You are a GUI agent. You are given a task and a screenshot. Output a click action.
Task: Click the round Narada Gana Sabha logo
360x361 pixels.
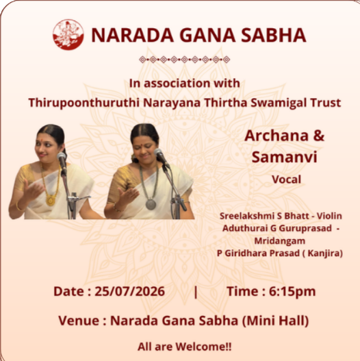tap(68, 34)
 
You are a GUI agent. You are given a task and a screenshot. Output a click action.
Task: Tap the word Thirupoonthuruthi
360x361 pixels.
tap(84, 103)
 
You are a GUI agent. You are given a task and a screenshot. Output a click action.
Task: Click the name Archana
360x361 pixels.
tap(277, 136)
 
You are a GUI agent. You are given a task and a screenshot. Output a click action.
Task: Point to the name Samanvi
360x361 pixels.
tap(285, 157)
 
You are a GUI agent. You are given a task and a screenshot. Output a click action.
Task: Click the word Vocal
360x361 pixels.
tap(286, 179)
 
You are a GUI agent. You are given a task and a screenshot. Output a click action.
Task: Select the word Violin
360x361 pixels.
tap(329, 216)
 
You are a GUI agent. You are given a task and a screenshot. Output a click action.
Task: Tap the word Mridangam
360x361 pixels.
tap(280, 241)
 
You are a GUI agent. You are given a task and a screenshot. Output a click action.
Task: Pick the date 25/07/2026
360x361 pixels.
tap(130, 291)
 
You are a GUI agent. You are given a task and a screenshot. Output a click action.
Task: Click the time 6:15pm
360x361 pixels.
tap(292, 292)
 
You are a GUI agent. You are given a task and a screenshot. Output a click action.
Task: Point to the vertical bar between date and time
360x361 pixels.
tap(196, 292)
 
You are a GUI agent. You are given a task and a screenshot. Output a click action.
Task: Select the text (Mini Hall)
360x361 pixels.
tap(275, 321)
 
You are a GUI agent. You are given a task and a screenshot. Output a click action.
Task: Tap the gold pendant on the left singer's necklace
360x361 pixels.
tap(51, 200)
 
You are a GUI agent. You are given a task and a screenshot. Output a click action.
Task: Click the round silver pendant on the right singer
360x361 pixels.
tap(151, 204)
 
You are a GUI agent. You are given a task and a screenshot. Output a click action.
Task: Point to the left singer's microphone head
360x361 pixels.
tap(62, 158)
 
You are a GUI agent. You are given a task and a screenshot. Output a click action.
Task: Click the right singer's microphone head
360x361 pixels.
tap(159, 153)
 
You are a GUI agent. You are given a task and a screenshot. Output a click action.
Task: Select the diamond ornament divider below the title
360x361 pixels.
tap(184, 60)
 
